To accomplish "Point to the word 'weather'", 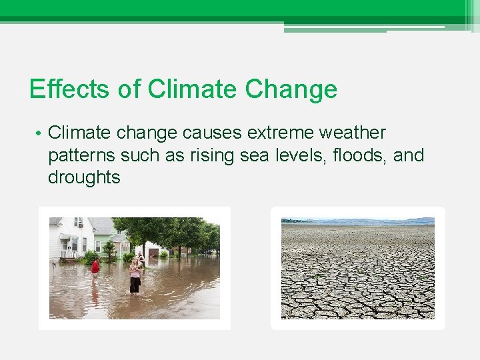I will click(x=358, y=133).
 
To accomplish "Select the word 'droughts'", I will click(x=84, y=177).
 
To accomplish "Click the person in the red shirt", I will click(x=95, y=267).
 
